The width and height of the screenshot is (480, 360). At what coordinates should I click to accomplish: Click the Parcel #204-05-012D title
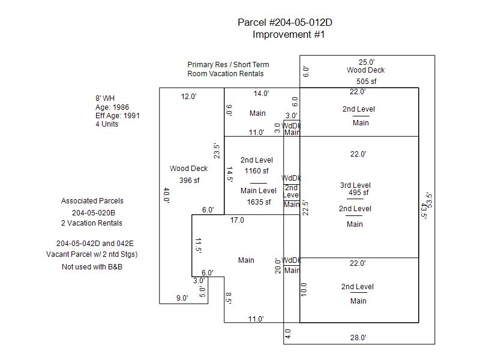(x=285, y=23)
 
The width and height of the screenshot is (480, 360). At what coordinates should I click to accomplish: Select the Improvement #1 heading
(x=289, y=35)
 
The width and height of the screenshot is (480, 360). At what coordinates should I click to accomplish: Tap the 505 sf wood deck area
(x=366, y=82)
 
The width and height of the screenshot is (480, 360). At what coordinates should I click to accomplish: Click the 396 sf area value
(x=188, y=180)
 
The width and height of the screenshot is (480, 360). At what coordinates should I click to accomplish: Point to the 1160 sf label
(x=256, y=171)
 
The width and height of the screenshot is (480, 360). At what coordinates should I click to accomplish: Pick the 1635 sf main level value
(x=259, y=202)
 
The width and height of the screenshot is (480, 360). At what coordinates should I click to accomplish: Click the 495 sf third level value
(x=358, y=193)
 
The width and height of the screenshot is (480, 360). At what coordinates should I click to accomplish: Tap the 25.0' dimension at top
(x=367, y=62)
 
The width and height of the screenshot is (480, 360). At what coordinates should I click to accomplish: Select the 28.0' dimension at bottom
(x=358, y=338)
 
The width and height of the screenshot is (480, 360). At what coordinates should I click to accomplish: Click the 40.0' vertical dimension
(x=166, y=196)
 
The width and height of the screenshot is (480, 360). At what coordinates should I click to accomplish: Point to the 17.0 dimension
(x=237, y=220)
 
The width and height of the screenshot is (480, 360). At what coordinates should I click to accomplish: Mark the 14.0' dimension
(x=261, y=93)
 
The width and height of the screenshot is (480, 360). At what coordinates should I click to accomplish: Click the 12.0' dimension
(x=188, y=96)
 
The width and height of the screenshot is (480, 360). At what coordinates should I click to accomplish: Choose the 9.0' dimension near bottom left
(x=182, y=298)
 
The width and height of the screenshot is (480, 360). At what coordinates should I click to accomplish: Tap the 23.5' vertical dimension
(x=217, y=150)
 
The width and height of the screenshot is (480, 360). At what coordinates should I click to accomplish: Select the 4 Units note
(x=106, y=124)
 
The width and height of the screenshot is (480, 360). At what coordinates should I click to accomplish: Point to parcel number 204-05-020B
(x=94, y=212)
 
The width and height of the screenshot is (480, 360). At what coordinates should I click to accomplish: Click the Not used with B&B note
(x=92, y=266)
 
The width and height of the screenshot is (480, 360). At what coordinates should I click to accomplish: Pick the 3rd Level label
(x=355, y=185)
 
